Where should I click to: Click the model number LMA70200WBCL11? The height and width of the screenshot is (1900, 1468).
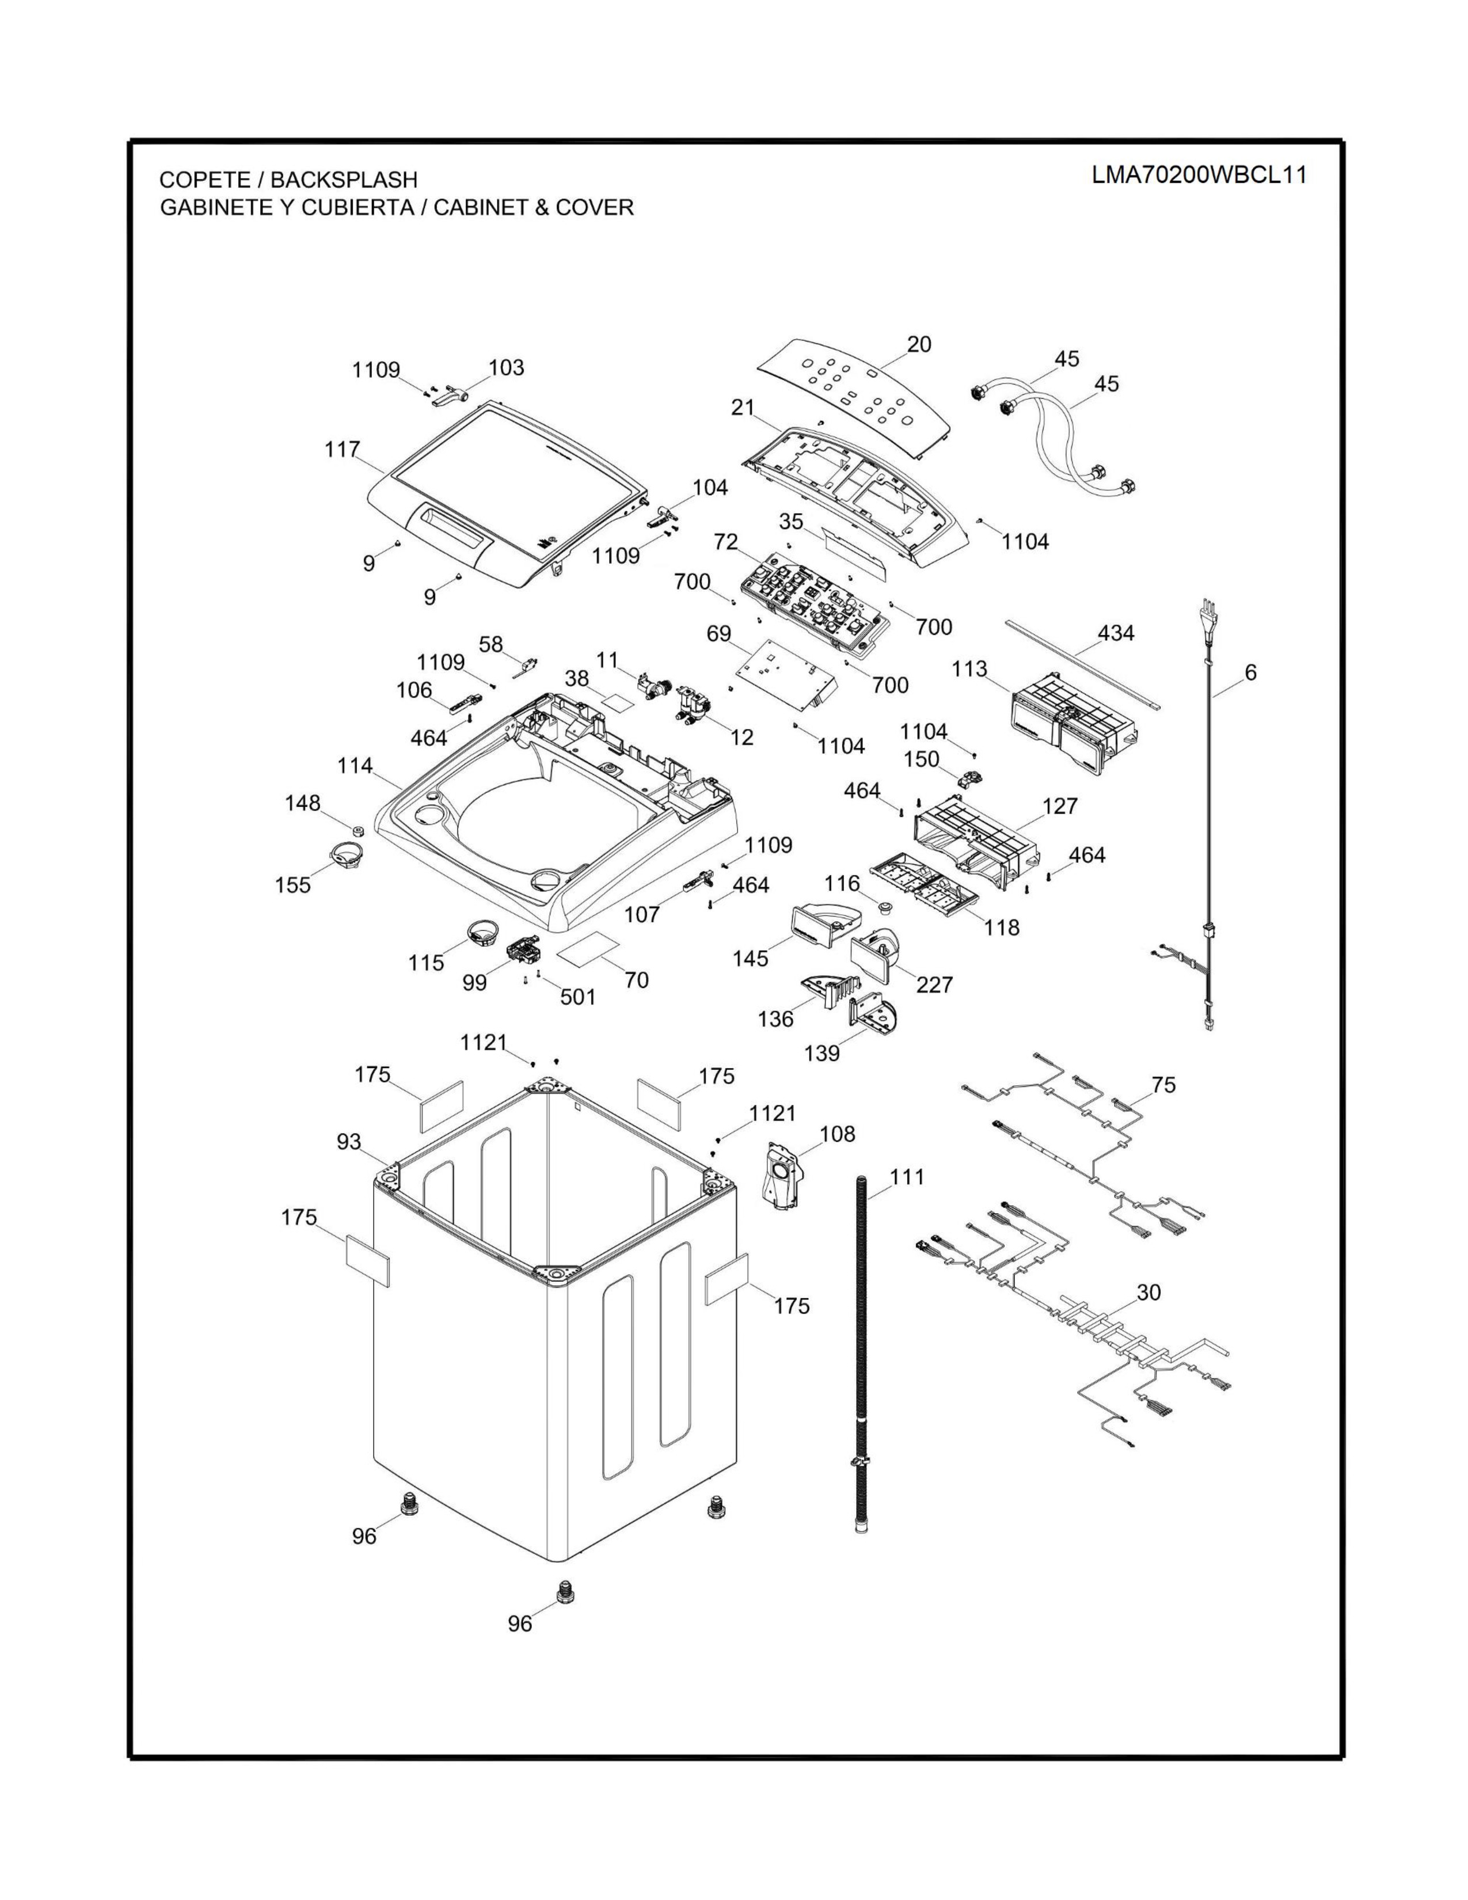point(1199,175)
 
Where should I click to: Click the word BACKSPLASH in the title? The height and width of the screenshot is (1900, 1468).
point(344,180)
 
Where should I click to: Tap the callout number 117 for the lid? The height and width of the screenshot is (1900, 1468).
point(343,450)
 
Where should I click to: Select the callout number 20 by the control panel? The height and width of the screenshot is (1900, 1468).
point(918,344)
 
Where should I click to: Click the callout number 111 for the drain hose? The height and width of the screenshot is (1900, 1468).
point(907,1177)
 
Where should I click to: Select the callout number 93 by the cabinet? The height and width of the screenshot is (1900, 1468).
point(349,1141)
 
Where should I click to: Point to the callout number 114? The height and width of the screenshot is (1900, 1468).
point(355,766)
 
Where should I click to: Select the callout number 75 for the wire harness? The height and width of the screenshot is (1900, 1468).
point(1163,1085)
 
